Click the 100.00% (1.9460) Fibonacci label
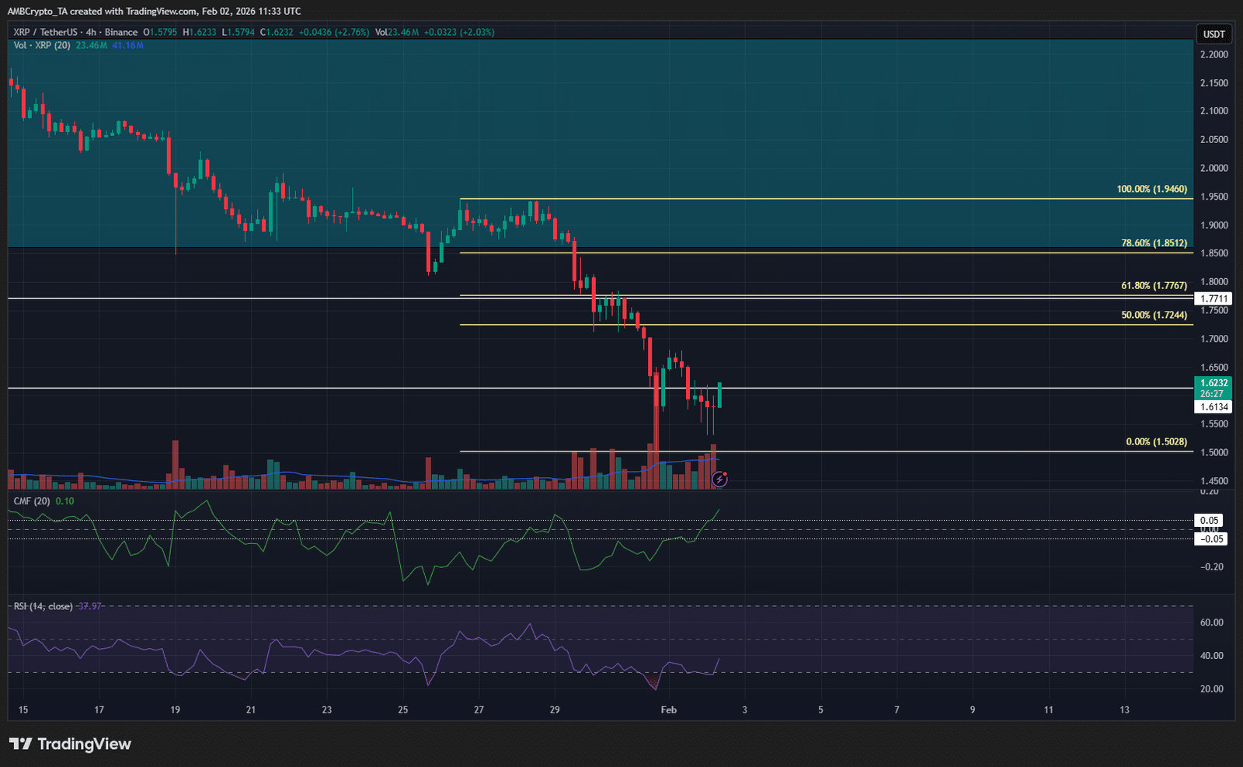1151,190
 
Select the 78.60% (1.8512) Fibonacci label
1154,243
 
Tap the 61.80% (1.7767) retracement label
1154,286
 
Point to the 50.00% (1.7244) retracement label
1154,316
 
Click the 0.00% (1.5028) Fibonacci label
1156,442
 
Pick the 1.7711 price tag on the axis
1213,299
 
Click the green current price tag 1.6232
1213,383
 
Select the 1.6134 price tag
1213,407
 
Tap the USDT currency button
1213,34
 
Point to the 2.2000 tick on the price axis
1213,55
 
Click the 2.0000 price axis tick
1213,169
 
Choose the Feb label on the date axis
668,710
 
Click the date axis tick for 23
327,710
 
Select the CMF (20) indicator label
32,501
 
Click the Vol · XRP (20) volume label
42,46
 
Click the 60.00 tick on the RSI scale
1211,622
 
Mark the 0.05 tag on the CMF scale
1210,521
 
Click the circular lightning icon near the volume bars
720,479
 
